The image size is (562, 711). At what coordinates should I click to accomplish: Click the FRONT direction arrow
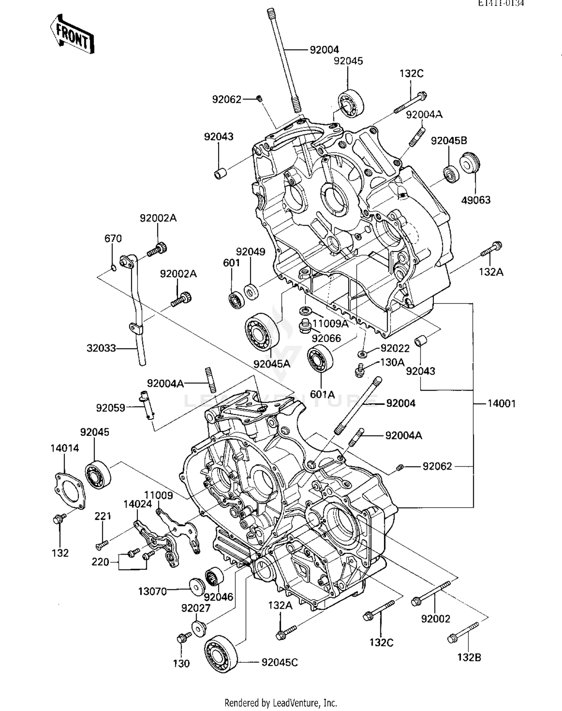(72, 35)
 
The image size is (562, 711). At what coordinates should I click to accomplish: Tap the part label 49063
(475, 200)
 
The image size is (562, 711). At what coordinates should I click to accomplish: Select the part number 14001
(501, 404)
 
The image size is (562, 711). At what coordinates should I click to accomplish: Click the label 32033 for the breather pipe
(101, 348)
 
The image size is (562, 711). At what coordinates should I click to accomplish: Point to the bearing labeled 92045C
(221, 653)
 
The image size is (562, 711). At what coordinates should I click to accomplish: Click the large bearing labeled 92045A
(262, 331)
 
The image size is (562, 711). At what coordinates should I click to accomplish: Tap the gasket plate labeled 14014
(69, 491)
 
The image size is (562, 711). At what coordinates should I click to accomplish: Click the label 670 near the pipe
(113, 239)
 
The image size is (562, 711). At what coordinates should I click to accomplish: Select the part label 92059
(111, 408)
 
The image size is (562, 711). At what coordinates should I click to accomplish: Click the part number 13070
(152, 592)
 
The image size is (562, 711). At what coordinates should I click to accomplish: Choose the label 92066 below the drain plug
(326, 339)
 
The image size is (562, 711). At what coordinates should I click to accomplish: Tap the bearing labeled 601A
(320, 359)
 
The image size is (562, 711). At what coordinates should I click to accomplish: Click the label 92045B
(449, 141)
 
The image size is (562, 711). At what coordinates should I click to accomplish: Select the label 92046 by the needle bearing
(218, 597)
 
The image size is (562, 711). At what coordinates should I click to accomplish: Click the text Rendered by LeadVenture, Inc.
(281, 702)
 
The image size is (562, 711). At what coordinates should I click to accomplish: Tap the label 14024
(138, 504)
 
